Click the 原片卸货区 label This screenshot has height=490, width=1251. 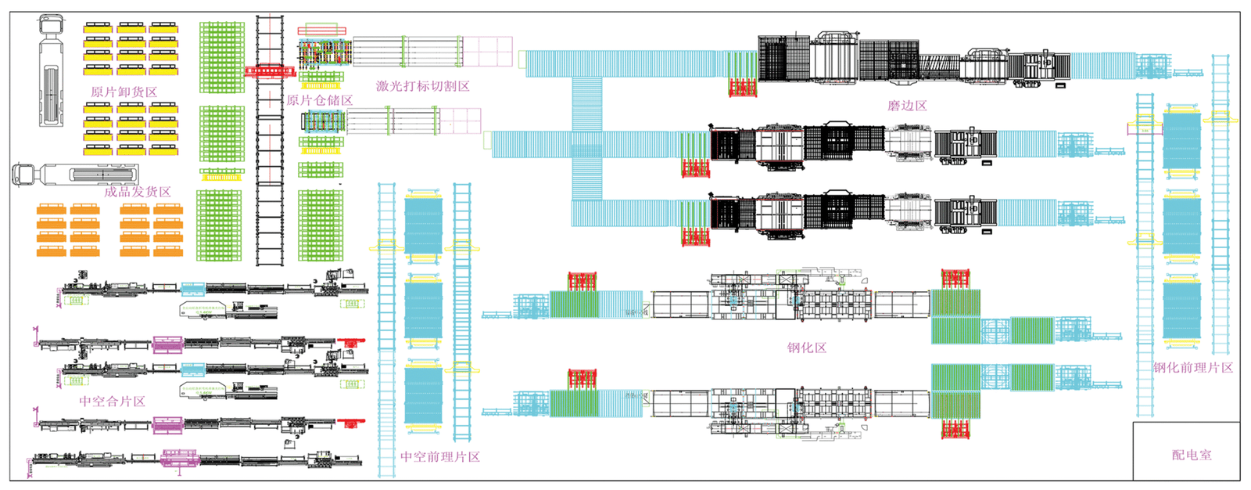coord(124,92)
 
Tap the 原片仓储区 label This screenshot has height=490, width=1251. coord(319,100)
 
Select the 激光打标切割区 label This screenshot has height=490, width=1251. coord(422,86)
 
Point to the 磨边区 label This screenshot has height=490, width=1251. coord(907,106)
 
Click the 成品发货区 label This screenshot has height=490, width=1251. coord(137,191)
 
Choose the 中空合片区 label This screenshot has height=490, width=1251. coord(112,402)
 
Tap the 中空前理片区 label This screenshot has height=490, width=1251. coord(440,457)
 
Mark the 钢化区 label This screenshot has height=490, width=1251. coord(807,348)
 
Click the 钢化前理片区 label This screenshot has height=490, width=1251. coord(1192,368)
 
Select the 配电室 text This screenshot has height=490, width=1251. coord(1192,455)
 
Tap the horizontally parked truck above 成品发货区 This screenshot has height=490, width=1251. coord(76,175)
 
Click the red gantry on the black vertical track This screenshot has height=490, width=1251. coord(270,71)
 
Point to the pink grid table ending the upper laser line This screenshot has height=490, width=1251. coord(488,52)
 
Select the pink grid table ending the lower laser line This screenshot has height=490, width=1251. coord(461,121)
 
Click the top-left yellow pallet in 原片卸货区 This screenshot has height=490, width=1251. coord(98,29)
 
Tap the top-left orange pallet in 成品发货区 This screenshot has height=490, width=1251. coord(51,210)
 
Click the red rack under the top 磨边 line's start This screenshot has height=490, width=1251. coord(742,87)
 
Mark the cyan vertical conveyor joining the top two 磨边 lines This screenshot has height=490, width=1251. coord(586,103)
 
